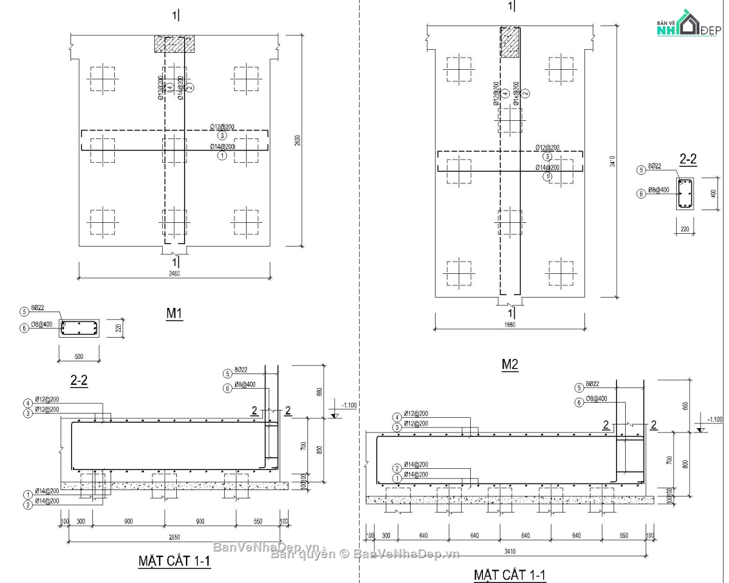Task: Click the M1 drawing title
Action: (174, 313)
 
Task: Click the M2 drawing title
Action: (509, 364)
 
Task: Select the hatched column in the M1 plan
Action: (174, 44)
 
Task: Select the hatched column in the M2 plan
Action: (510, 43)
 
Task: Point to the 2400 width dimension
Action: (174, 274)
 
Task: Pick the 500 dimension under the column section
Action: (78, 356)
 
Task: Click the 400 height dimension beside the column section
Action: (713, 193)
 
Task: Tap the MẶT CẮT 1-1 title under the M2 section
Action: (510, 574)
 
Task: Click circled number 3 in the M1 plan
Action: (222, 135)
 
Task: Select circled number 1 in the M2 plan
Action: (547, 176)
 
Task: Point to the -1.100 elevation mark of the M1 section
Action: (349, 405)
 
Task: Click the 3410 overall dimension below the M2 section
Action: (509, 551)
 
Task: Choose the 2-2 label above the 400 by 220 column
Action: (688, 160)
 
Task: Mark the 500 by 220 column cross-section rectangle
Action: (79, 329)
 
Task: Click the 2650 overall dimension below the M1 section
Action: (174, 537)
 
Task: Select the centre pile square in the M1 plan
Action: (175, 149)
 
